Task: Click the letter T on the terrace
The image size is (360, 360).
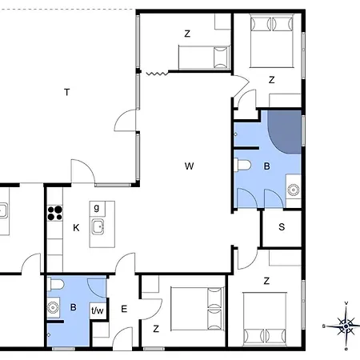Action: (67, 92)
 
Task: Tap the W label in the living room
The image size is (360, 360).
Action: (189, 166)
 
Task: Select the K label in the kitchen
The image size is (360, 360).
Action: (76, 228)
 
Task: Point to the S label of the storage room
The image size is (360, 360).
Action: (282, 227)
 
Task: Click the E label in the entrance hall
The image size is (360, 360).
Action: (124, 309)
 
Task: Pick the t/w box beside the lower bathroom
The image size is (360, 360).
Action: (97, 310)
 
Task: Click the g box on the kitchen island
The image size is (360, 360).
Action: (97, 209)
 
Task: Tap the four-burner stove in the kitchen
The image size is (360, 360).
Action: (55, 214)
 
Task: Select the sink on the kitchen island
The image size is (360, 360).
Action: (98, 227)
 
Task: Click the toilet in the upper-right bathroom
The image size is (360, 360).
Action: (242, 165)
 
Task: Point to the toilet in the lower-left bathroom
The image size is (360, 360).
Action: (56, 285)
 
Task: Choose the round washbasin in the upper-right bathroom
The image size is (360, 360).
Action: (294, 190)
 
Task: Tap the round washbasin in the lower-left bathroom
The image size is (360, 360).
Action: (53, 307)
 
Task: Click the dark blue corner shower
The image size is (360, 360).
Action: (286, 132)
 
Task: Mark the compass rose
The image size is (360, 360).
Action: (346, 326)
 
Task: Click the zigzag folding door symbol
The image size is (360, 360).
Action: (157, 73)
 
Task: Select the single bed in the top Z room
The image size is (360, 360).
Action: (204, 57)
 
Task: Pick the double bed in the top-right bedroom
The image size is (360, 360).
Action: (272, 41)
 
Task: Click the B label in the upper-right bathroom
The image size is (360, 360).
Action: (266, 166)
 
